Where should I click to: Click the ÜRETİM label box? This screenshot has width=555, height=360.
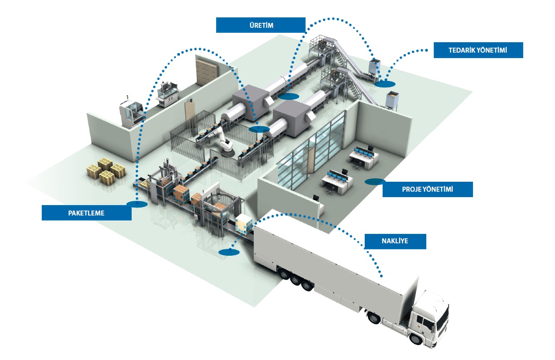(x=260, y=25)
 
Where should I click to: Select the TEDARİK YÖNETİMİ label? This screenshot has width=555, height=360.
(x=478, y=50)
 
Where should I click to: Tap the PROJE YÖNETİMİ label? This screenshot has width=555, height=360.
(x=427, y=189)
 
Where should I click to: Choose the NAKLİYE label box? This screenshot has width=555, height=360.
(x=396, y=241)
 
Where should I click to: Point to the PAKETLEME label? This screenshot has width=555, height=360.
(x=86, y=213)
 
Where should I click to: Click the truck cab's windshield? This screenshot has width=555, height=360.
(x=441, y=312)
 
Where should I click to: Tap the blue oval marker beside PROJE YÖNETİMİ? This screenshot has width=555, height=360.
(x=374, y=182)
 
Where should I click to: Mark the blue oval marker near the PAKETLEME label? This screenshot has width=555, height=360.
(x=137, y=204)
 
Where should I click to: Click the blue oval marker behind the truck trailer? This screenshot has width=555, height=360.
(x=229, y=252)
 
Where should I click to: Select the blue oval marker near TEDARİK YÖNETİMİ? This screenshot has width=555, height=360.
(x=385, y=84)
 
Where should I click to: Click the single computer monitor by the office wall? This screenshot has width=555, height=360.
(x=316, y=198)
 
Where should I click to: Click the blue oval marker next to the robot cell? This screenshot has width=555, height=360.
(x=259, y=129)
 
